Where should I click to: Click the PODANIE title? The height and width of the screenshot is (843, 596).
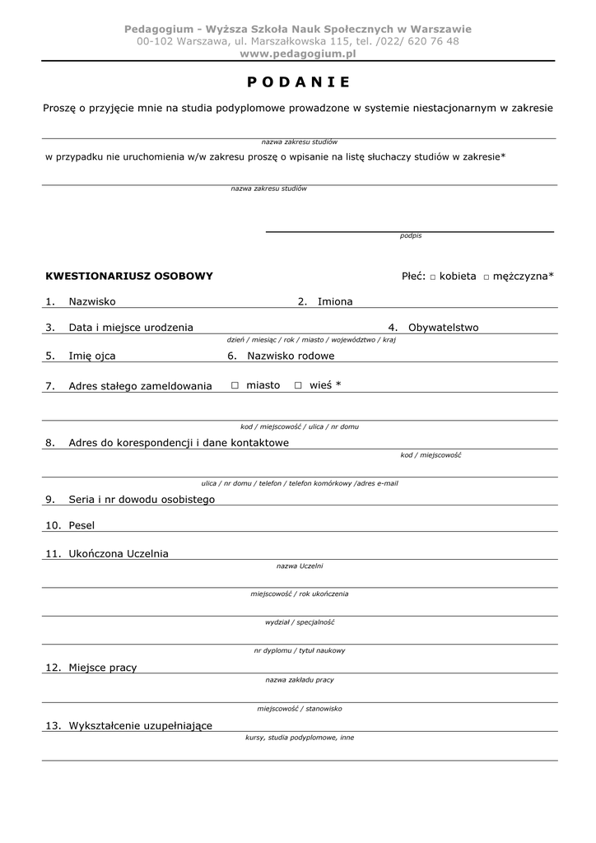tap(298, 82)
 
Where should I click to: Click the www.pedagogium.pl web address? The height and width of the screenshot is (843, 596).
tap(298, 54)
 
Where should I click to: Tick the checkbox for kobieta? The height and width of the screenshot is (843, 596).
tap(433, 277)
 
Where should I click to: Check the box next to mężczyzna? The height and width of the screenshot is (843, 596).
tap(487, 277)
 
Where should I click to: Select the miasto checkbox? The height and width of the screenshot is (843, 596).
tap(235, 385)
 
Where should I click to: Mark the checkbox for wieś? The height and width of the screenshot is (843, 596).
tap(298, 385)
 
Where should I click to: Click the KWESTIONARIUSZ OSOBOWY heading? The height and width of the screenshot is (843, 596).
tap(129, 277)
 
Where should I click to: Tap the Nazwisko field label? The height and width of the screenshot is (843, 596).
tap(92, 302)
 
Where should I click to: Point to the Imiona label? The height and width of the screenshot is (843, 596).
tap(335, 302)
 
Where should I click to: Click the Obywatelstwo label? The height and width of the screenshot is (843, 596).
tap(443, 328)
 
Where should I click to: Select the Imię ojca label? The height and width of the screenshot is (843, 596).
tap(92, 356)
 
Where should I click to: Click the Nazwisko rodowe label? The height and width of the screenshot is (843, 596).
tap(291, 356)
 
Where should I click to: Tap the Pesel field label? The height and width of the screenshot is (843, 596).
tap(81, 525)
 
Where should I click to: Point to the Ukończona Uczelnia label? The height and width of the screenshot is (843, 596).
tap(119, 554)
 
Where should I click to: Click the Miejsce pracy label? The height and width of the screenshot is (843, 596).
tap(103, 668)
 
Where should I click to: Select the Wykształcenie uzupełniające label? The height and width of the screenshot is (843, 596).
tap(141, 726)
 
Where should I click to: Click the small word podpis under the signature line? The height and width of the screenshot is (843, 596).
tap(411, 236)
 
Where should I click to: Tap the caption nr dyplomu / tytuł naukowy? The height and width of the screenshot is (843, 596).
tap(300, 651)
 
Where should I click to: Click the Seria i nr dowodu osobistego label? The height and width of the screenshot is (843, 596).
tap(142, 500)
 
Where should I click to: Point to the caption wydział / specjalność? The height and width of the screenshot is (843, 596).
tap(300, 622)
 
